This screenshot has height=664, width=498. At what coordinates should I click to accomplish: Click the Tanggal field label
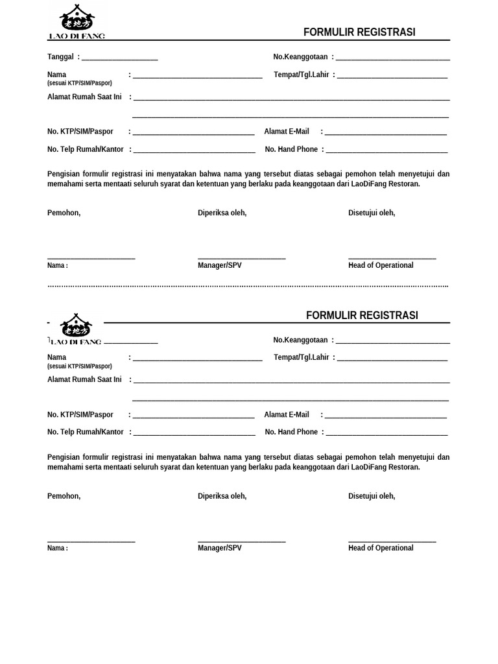click(x=60, y=57)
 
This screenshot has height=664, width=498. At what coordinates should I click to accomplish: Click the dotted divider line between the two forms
click(x=248, y=285)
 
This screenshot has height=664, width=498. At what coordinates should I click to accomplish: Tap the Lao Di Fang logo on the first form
click(x=77, y=21)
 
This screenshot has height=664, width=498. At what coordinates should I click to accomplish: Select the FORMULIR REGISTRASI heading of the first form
click(x=359, y=32)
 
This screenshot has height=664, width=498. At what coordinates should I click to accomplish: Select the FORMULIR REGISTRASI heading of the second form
click(x=362, y=316)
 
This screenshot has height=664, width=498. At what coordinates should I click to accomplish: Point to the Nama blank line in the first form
click(x=197, y=77)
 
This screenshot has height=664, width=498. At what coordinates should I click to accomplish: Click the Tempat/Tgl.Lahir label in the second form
click(x=302, y=357)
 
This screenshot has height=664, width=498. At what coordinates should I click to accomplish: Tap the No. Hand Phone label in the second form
click(x=291, y=432)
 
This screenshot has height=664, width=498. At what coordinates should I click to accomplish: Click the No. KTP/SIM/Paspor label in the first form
click(x=80, y=132)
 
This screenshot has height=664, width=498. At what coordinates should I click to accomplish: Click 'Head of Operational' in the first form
click(x=381, y=265)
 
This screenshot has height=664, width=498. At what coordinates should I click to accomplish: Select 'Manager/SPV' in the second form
click(x=220, y=548)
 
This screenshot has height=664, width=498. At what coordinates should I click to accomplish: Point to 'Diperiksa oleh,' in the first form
click(x=222, y=213)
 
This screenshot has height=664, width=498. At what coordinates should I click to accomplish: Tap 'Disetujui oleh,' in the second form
click(x=372, y=496)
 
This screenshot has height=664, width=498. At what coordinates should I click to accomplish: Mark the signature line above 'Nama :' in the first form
click(x=91, y=258)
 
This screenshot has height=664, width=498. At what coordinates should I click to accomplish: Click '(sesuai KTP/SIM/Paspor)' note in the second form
click(x=80, y=366)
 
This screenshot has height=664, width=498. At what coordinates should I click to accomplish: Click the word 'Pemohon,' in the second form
click(x=64, y=496)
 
